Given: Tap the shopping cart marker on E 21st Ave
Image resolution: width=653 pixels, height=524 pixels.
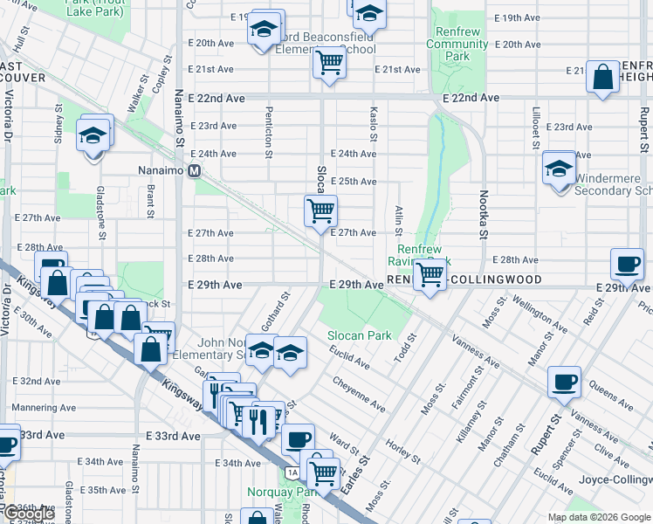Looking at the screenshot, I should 329,63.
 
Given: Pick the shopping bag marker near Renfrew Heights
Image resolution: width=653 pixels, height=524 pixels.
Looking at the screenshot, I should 603,77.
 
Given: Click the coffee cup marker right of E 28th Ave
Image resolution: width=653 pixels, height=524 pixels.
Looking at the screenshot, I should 627,264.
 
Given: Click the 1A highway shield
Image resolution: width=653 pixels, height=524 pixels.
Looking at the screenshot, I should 292,472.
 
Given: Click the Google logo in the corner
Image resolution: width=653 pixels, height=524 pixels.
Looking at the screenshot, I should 28,514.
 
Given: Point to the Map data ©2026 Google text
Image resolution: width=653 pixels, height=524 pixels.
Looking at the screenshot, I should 599,517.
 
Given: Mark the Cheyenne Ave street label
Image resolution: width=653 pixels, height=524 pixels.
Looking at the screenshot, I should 358,394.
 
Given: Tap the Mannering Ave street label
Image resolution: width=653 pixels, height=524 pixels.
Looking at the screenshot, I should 36,406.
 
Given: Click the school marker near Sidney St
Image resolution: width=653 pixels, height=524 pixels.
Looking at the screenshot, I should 93,136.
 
